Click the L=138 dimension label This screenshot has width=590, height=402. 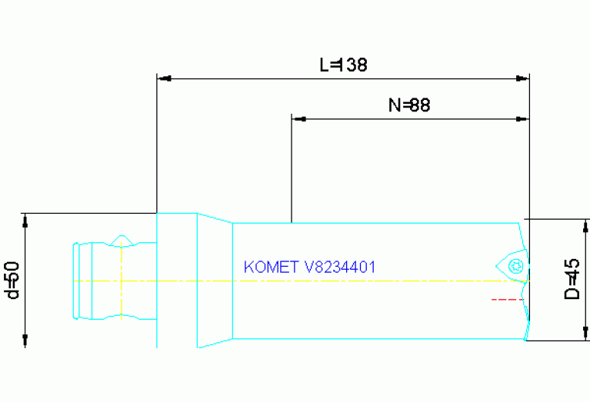click(x=344, y=65)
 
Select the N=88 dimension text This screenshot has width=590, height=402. click(x=408, y=106)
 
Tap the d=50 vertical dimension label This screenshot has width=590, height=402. click(x=12, y=280)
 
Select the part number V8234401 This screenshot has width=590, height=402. click(x=339, y=267)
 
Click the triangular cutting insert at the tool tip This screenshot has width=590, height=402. click(x=511, y=264)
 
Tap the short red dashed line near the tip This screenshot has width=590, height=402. click(x=505, y=299)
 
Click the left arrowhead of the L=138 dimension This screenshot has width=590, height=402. click(x=162, y=78)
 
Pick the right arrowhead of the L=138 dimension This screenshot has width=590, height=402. click(x=524, y=78)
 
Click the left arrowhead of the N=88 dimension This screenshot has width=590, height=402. click(x=298, y=119)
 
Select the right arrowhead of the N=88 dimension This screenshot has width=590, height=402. click(x=523, y=119)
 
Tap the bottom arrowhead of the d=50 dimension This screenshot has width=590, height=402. click(x=25, y=341)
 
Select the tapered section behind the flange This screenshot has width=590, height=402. click(x=215, y=281)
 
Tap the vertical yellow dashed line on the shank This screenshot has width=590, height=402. click(x=122, y=281)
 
